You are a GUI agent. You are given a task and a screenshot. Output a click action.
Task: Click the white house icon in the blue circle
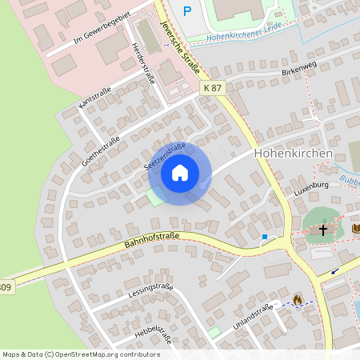click(x=180, y=172)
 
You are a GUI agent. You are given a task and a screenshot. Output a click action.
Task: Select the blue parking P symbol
click(x=188, y=10)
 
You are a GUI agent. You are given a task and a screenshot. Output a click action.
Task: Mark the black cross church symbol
click(x=323, y=230)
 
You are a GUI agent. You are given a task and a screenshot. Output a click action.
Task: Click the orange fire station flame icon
click(x=298, y=300)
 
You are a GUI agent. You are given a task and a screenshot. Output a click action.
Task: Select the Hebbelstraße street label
click(x=154, y=331)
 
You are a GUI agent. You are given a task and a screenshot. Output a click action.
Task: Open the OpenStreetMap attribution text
click(x=81, y=354)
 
